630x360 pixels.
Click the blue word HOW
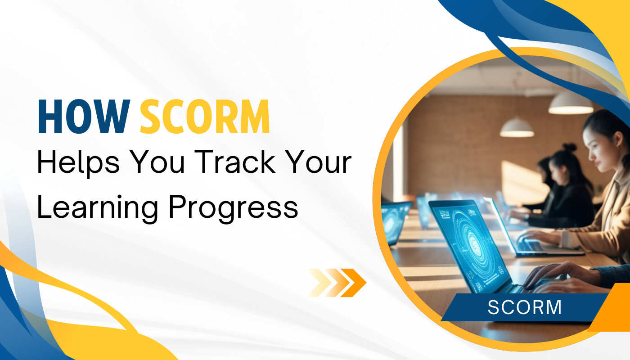click(x=84, y=116)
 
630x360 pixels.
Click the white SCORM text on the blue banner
click(x=525, y=307)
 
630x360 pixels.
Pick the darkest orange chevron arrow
click(x=354, y=283)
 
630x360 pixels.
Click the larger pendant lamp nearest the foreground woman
click(x=571, y=103)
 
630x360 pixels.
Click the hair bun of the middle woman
click(x=569, y=147)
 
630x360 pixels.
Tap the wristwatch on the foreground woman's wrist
click(x=566, y=239)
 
